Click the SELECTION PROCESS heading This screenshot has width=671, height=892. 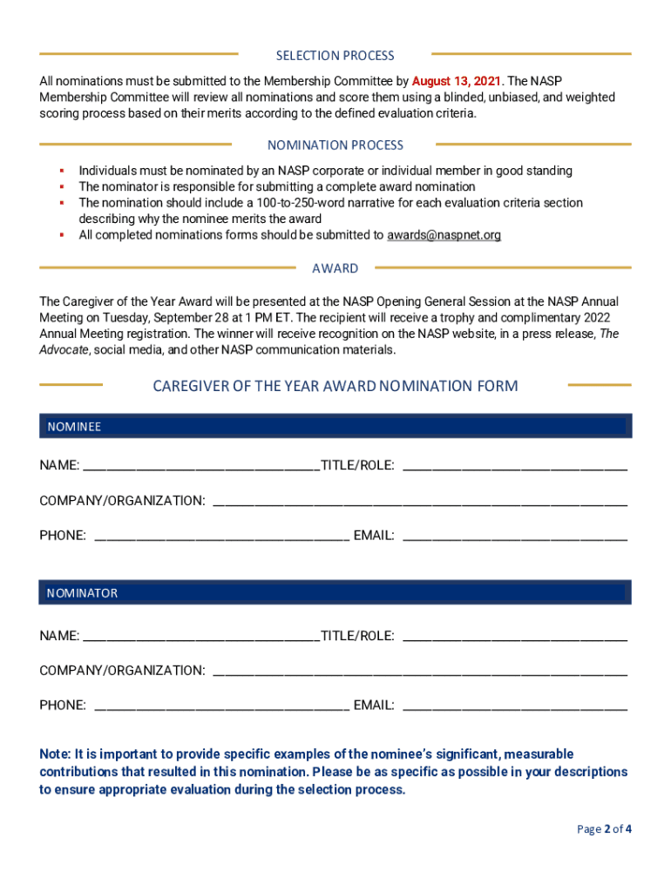pos(335,56)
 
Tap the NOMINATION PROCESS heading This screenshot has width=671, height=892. pos(335,145)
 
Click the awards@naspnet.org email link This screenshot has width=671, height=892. pos(444,235)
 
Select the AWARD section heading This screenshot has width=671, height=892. pos(335,268)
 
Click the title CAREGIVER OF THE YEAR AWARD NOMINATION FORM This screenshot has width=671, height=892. pos(335,385)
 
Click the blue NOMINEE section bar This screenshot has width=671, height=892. pos(335,426)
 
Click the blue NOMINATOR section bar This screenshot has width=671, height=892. pos(335,593)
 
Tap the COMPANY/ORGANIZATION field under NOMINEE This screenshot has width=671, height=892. pos(419,501)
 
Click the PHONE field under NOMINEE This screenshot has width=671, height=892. pos(221,536)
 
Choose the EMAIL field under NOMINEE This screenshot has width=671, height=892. pos(514,536)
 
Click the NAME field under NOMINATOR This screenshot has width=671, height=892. pos(200,636)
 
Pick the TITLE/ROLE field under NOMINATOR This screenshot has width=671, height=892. pos(514,636)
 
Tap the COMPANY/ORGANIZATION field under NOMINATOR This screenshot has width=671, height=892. pos(419,671)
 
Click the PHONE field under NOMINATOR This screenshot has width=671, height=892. pos(221,705)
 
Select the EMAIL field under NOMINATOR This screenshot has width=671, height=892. pos(514,705)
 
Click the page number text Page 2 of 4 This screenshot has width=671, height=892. pos(604,829)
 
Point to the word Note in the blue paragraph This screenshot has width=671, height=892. pos(54,754)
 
